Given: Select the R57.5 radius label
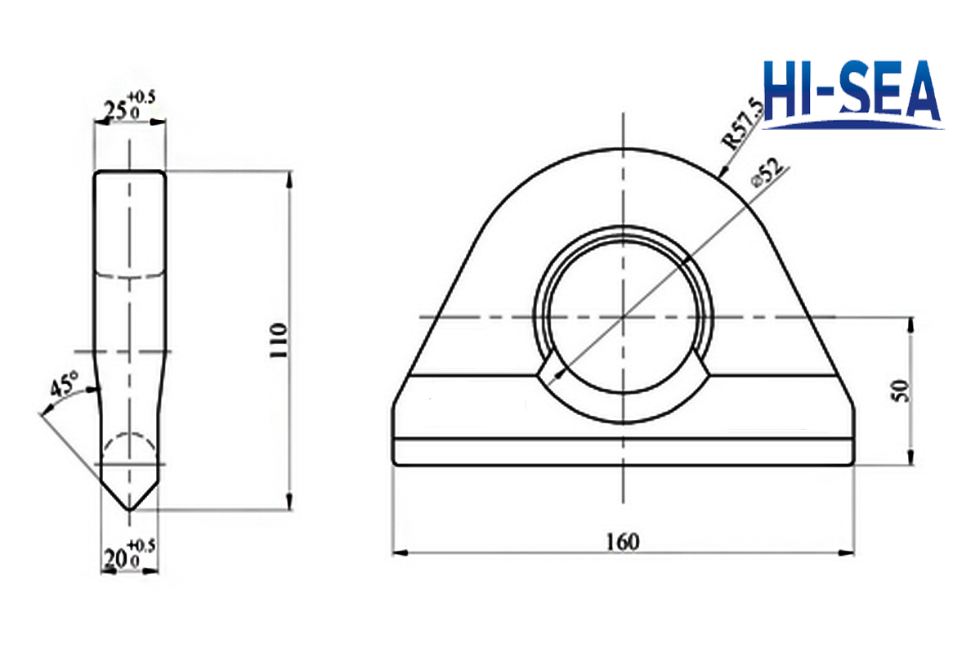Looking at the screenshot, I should pos(744,122).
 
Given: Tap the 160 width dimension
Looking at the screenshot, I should pos(623,540).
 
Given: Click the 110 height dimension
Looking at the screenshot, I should pos(279,341).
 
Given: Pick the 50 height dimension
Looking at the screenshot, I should pos(900,390).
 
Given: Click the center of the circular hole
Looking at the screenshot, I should pos(623,315).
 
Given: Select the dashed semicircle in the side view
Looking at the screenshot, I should pos(129,445).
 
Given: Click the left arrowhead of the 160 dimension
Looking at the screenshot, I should pos(397,553).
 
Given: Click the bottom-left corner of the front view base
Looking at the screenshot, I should pos(395,463).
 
